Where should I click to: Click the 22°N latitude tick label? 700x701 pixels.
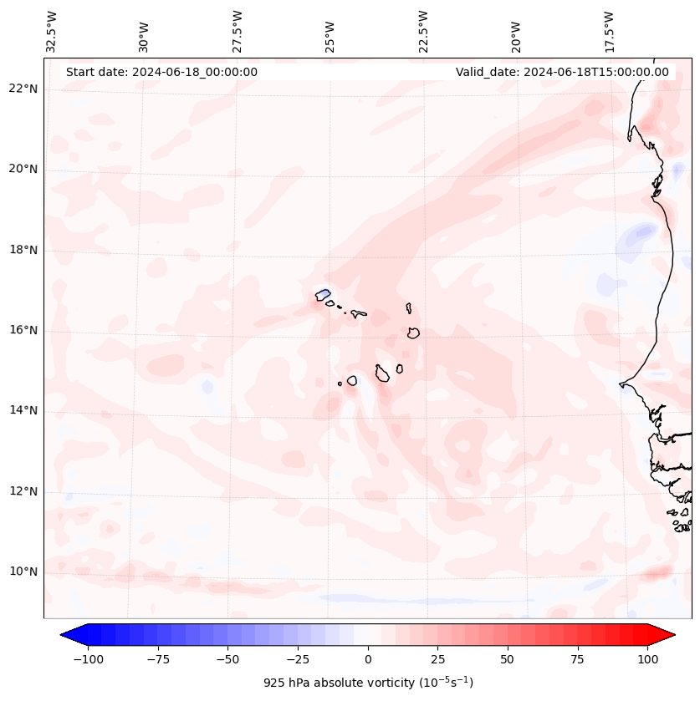tap(23, 89)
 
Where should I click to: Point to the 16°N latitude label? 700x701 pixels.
tap(23, 331)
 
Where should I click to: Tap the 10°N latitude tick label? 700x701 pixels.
tap(23, 572)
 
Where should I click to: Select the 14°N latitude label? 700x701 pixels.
tap(23, 411)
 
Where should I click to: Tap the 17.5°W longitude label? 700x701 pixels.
tap(609, 31)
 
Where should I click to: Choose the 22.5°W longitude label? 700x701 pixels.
tap(423, 31)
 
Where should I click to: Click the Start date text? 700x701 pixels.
tap(161, 72)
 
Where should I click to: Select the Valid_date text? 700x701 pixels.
tap(562, 72)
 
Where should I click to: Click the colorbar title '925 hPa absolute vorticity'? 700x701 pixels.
tap(368, 683)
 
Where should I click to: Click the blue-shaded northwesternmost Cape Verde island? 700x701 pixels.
tap(323, 294)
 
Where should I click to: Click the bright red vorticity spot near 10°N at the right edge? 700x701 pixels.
tap(659, 573)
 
